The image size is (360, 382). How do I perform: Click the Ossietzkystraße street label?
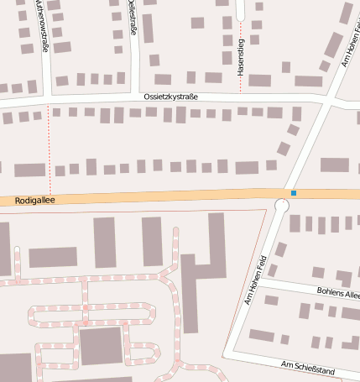click(170, 97)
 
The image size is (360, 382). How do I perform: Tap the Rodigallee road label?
click(34, 201)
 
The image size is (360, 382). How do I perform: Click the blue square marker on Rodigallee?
click(294, 193)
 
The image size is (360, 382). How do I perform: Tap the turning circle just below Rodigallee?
click(281, 205)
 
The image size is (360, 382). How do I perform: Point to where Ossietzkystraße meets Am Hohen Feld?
click(325, 101)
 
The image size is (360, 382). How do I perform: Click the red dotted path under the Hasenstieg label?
click(240, 84)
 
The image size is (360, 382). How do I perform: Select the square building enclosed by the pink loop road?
click(101, 347)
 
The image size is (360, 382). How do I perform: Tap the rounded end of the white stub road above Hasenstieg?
click(241, 16)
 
